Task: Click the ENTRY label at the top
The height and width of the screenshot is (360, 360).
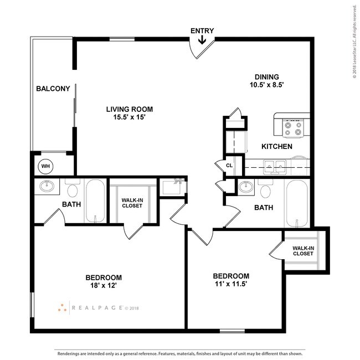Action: pos(202,31)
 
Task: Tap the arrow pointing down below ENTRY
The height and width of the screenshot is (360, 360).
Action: pos(202,40)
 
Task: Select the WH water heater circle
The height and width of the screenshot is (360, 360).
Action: pos(45,165)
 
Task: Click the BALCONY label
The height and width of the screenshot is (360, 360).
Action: pos(53,89)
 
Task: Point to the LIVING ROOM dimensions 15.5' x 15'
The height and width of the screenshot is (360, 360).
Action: pos(129,117)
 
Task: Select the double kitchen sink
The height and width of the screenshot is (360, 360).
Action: pos(274,165)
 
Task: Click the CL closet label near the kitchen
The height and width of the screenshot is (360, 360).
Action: pos(229,165)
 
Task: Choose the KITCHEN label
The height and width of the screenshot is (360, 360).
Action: pos(276,147)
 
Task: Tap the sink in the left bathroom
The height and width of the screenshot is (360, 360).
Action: pos(47,187)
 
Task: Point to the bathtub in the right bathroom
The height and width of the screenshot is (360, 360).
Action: pos(298,203)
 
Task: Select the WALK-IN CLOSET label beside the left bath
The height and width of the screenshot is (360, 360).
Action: pos(132,203)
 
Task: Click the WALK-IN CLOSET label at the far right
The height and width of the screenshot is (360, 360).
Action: pos(303,251)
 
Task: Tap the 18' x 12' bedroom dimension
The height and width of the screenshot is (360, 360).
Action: pos(103,286)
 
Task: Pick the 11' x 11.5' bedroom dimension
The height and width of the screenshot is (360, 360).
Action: pos(231,285)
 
